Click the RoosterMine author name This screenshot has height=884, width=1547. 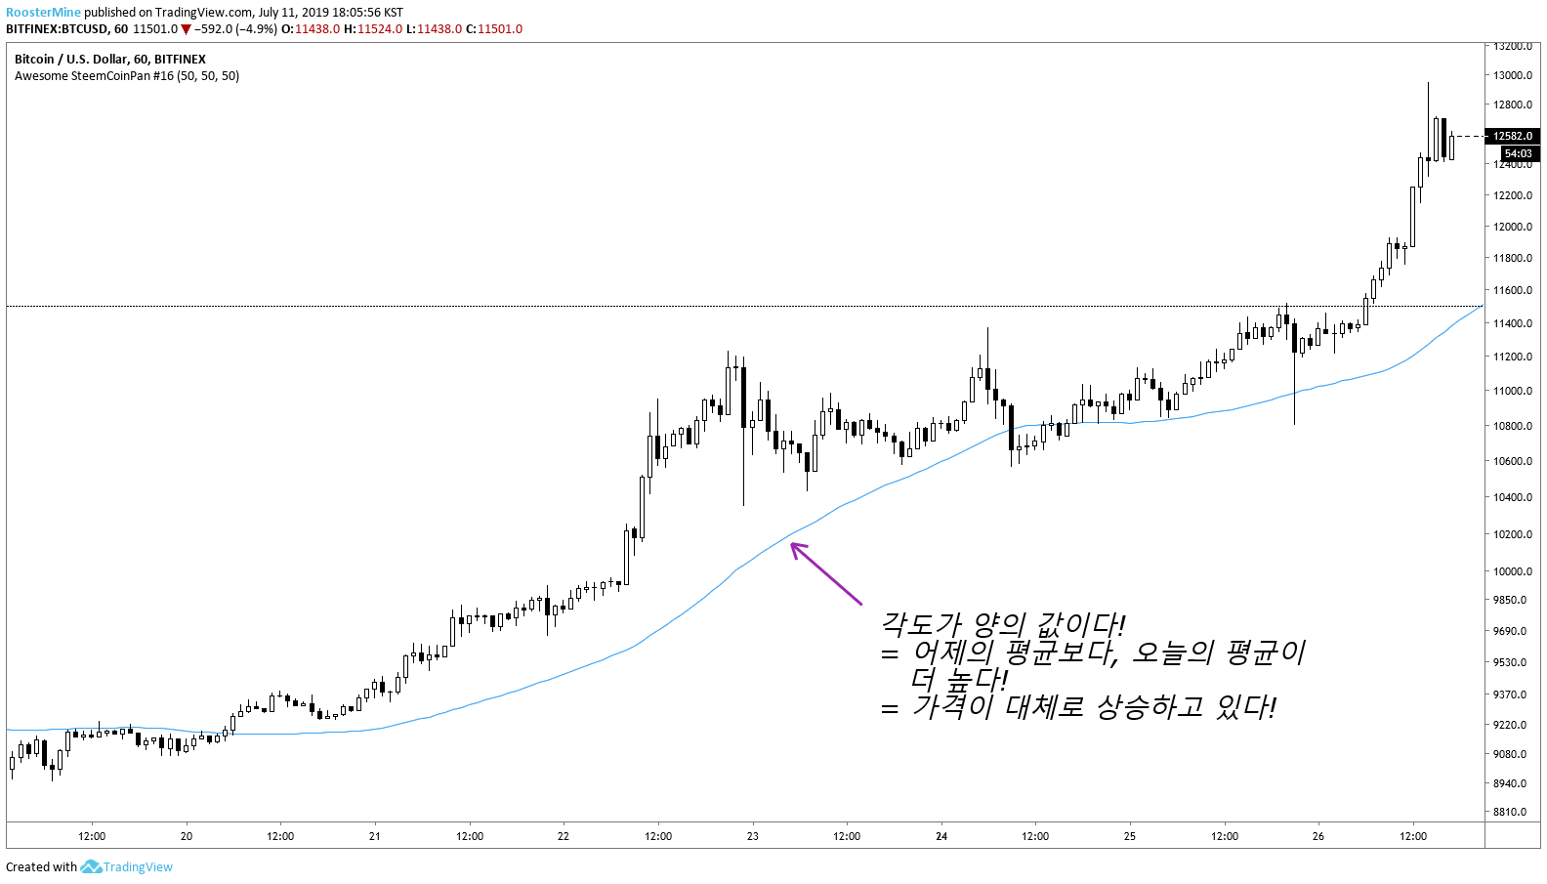[43, 13]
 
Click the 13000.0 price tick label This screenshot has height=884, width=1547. [1512, 75]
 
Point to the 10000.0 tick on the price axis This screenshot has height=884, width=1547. [1512, 571]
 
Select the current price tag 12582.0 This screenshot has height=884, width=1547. [1513, 136]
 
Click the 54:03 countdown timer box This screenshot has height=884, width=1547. [1519, 153]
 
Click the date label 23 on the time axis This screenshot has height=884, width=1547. [752, 836]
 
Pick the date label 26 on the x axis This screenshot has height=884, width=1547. [1318, 836]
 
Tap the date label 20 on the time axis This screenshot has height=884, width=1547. [187, 836]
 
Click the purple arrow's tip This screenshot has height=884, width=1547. [792, 544]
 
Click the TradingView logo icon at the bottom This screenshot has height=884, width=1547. [91, 866]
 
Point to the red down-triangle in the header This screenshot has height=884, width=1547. [186, 29]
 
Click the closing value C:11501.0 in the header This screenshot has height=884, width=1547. [494, 29]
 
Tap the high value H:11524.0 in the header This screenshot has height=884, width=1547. [373, 29]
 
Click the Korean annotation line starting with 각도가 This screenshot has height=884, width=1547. [1003, 624]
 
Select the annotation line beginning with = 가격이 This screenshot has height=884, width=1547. [1078, 706]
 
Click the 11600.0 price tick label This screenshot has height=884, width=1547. [1512, 290]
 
